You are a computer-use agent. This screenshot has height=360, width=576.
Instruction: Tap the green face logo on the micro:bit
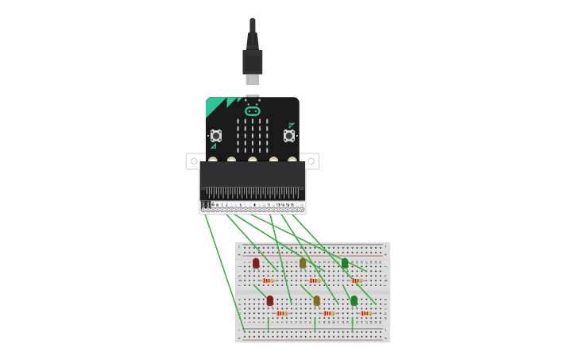click(x=253, y=111)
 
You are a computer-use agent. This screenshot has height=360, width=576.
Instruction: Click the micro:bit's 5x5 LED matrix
click(x=253, y=136)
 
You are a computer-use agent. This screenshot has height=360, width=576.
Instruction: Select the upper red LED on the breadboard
click(x=256, y=263)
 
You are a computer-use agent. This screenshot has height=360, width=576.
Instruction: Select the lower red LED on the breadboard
click(x=270, y=300)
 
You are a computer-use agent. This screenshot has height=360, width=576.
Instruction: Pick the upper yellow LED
click(x=303, y=263)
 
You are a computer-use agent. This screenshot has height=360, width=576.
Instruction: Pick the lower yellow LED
click(x=316, y=300)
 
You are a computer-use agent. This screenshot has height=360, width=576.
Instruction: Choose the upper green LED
click(x=345, y=263)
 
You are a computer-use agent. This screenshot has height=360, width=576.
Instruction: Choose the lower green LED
click(x=354, y=300)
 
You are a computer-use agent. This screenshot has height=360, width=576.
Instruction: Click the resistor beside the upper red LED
click(x=268, y=281)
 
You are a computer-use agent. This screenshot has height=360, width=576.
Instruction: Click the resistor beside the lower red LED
click(x=282, y=313)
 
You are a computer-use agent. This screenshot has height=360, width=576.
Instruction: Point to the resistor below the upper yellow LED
click(x=315, y=281)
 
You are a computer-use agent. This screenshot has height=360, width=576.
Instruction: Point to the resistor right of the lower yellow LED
click(x=329, y=313)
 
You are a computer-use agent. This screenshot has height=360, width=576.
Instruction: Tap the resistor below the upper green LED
click(x=357, y=281)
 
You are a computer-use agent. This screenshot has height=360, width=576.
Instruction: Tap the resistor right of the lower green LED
click(x=365, y=313)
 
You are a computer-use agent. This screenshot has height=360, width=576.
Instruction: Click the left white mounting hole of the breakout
click(x=193, y=161)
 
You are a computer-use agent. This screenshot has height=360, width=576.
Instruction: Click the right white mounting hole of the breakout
click(x=312, y=161)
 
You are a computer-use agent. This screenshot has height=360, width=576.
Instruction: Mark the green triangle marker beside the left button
click(x=213, y=146)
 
